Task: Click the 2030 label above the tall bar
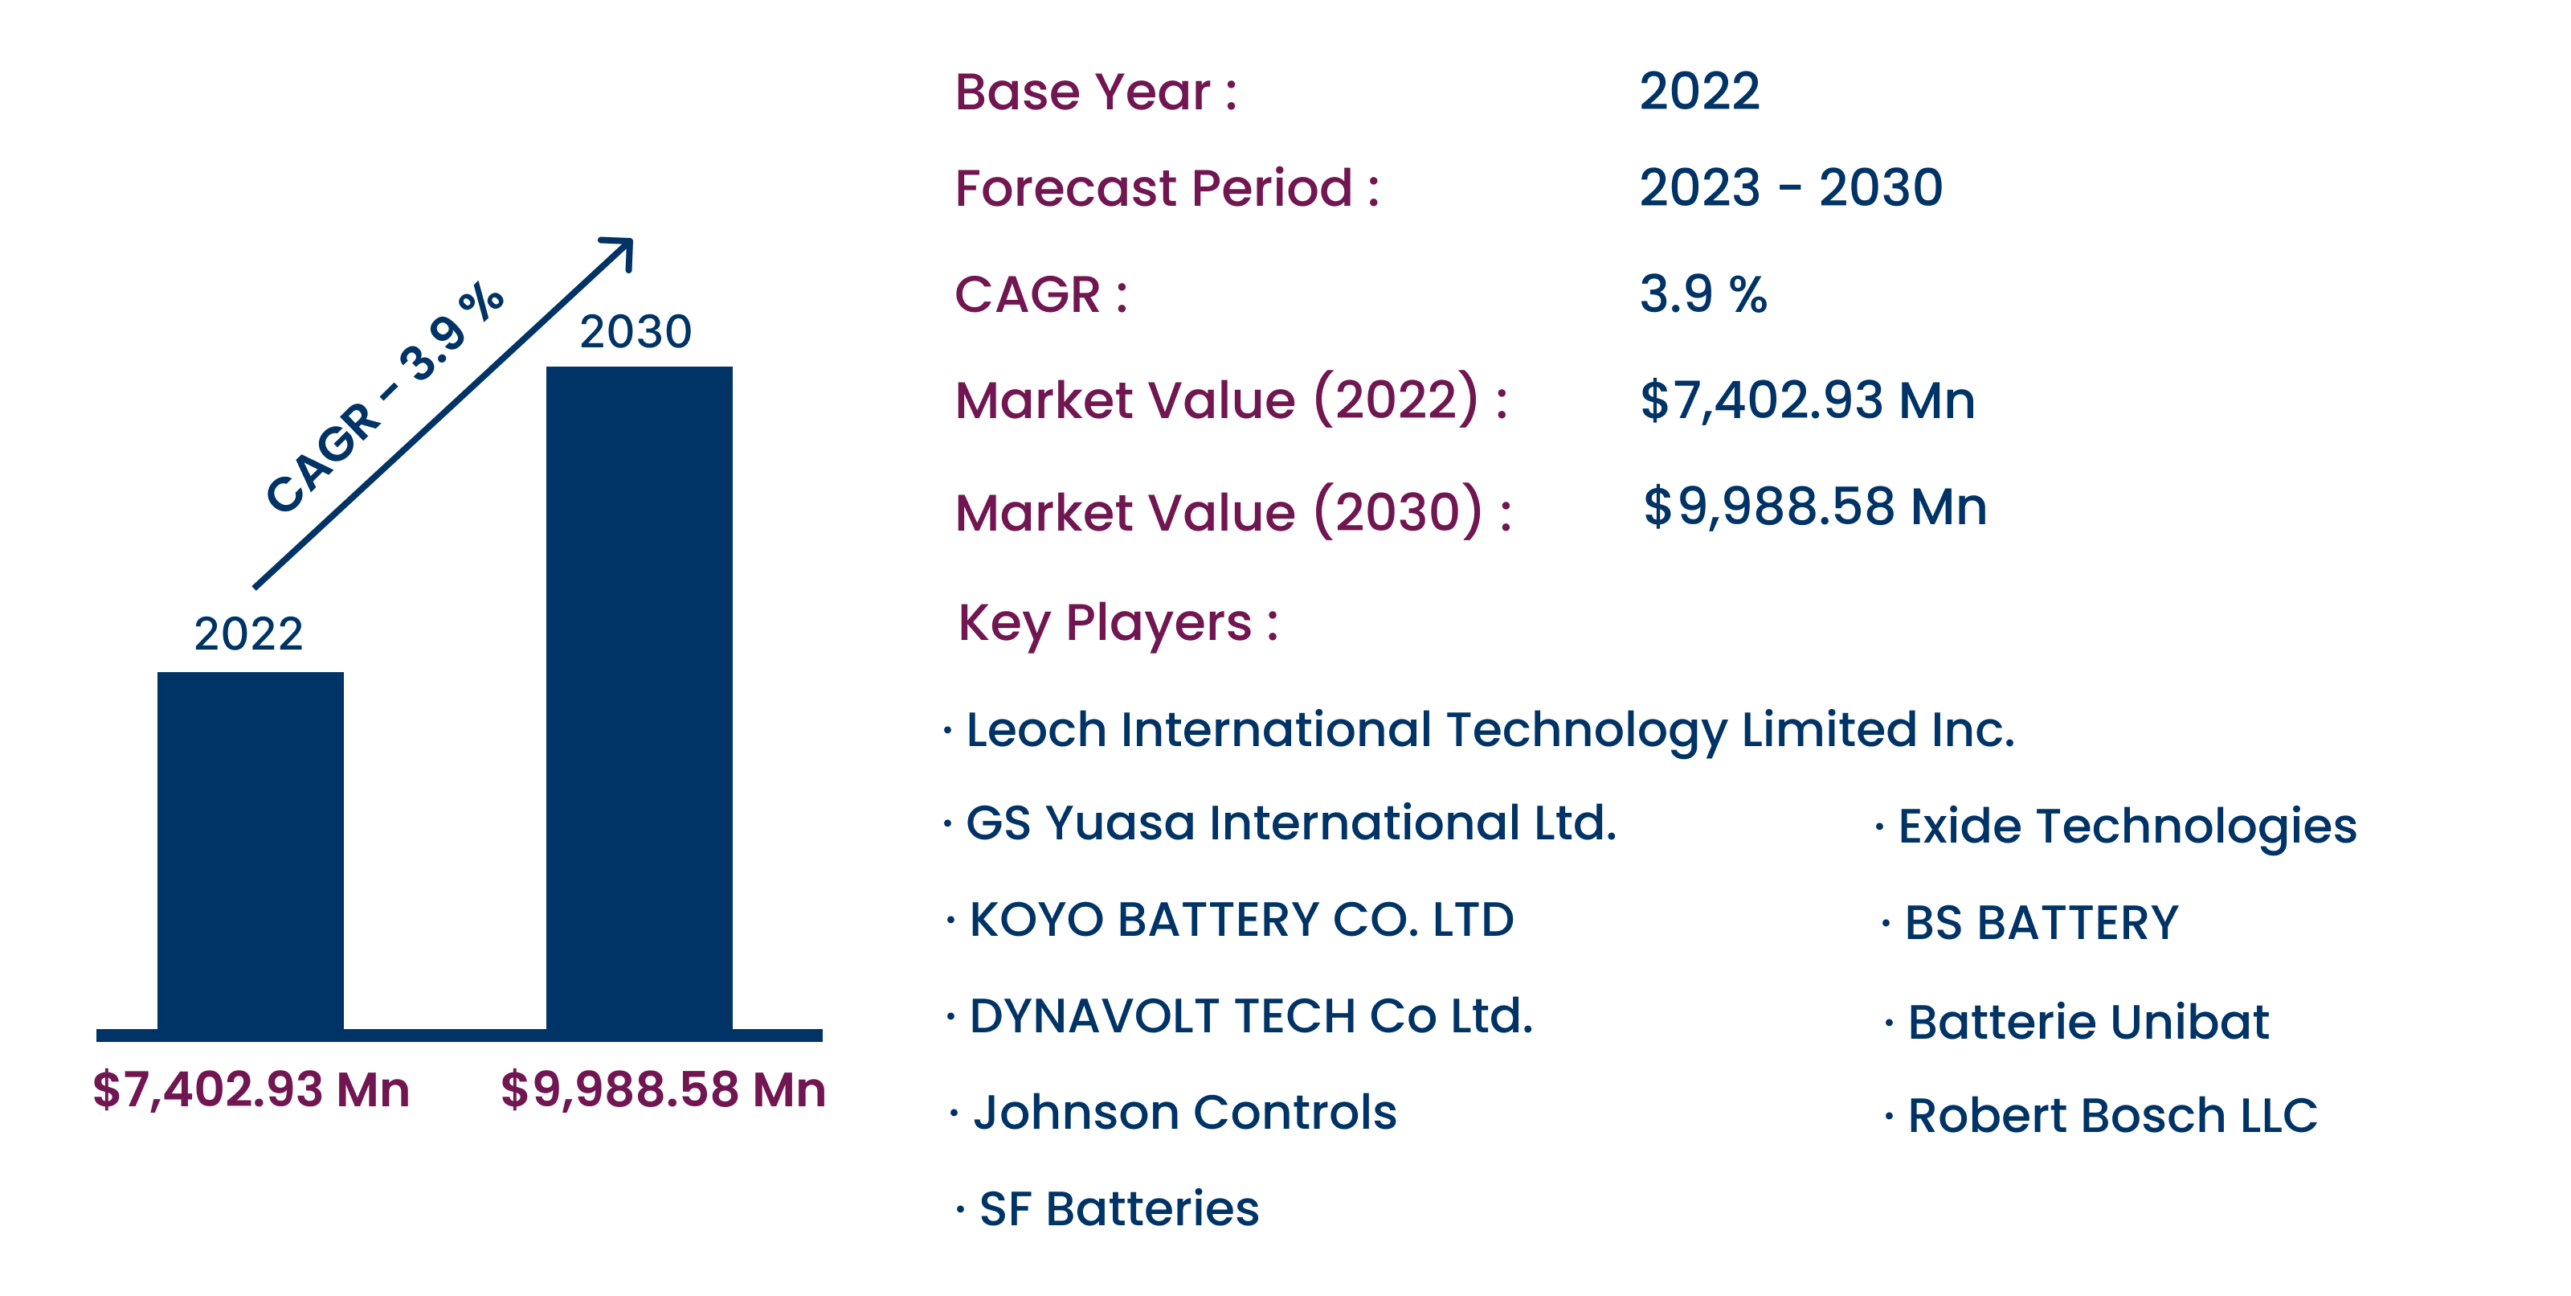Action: pyautogui.click(x=636, y=331)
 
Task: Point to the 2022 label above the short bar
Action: pyautogui.click(x=248, y=634)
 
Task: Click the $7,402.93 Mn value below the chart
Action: pyautogui.click(x=251, y=1089)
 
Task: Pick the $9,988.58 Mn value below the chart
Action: pyautogui.click(x=664, y=1089)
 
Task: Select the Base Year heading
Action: pyautogui.click(x=1096, y=92)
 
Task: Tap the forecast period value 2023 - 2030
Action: pyautogui.click(x=1791, y=187)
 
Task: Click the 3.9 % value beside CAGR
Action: pyautogui.click(x=1702, y=294)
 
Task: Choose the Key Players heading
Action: pyautogui.click(x=1118, y=624)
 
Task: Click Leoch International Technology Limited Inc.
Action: pyautogui.click(x=1490, y=731)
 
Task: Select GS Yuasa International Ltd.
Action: pyautogui.click(x=1290, y=824)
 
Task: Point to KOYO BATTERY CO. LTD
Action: pyautogui.click(x=1241, y=920)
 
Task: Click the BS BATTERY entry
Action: pyautogui.click(x=2041, y=923)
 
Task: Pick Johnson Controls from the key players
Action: pyautogui.click(x=1185, y=1112)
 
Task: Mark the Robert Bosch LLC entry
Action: pyautogui.click(x=2112, y=1115)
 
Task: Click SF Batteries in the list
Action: pyautogui.click(x=1119, y=1209)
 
